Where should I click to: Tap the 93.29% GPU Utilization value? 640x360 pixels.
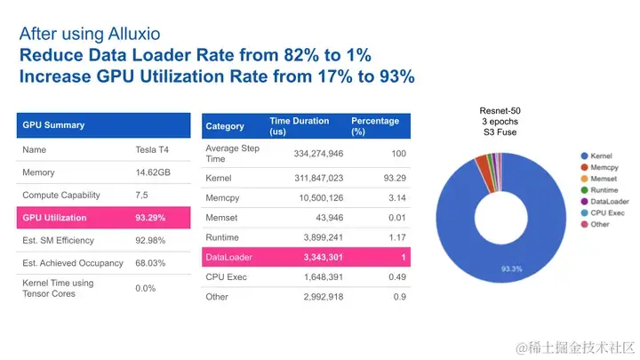[152, 217]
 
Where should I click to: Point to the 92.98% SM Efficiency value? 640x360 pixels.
[152, 240]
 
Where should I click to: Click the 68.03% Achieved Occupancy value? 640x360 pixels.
[152, 263]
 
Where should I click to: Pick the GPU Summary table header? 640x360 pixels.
[53, 125]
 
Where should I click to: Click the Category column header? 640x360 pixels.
[225, 126]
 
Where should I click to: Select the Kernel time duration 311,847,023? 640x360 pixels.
[306, 177]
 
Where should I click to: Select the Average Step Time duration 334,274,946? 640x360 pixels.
[306, 153]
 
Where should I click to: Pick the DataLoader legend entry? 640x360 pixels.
[605, 200]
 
